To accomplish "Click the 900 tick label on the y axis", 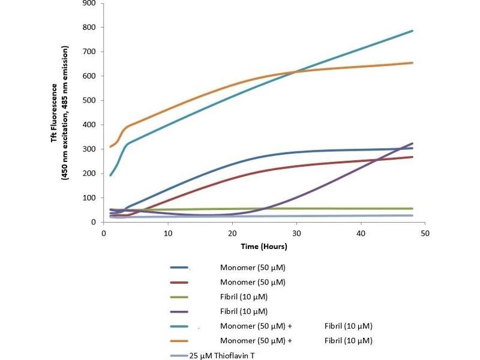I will (89, 3).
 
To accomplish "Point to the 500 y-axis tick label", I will (89, 100).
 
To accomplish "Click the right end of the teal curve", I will (412, 31).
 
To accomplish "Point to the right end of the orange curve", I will (412, 63).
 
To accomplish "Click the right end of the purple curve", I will (412, 143).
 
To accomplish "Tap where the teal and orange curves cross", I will (296, 72).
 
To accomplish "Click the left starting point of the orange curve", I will (110, 146).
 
